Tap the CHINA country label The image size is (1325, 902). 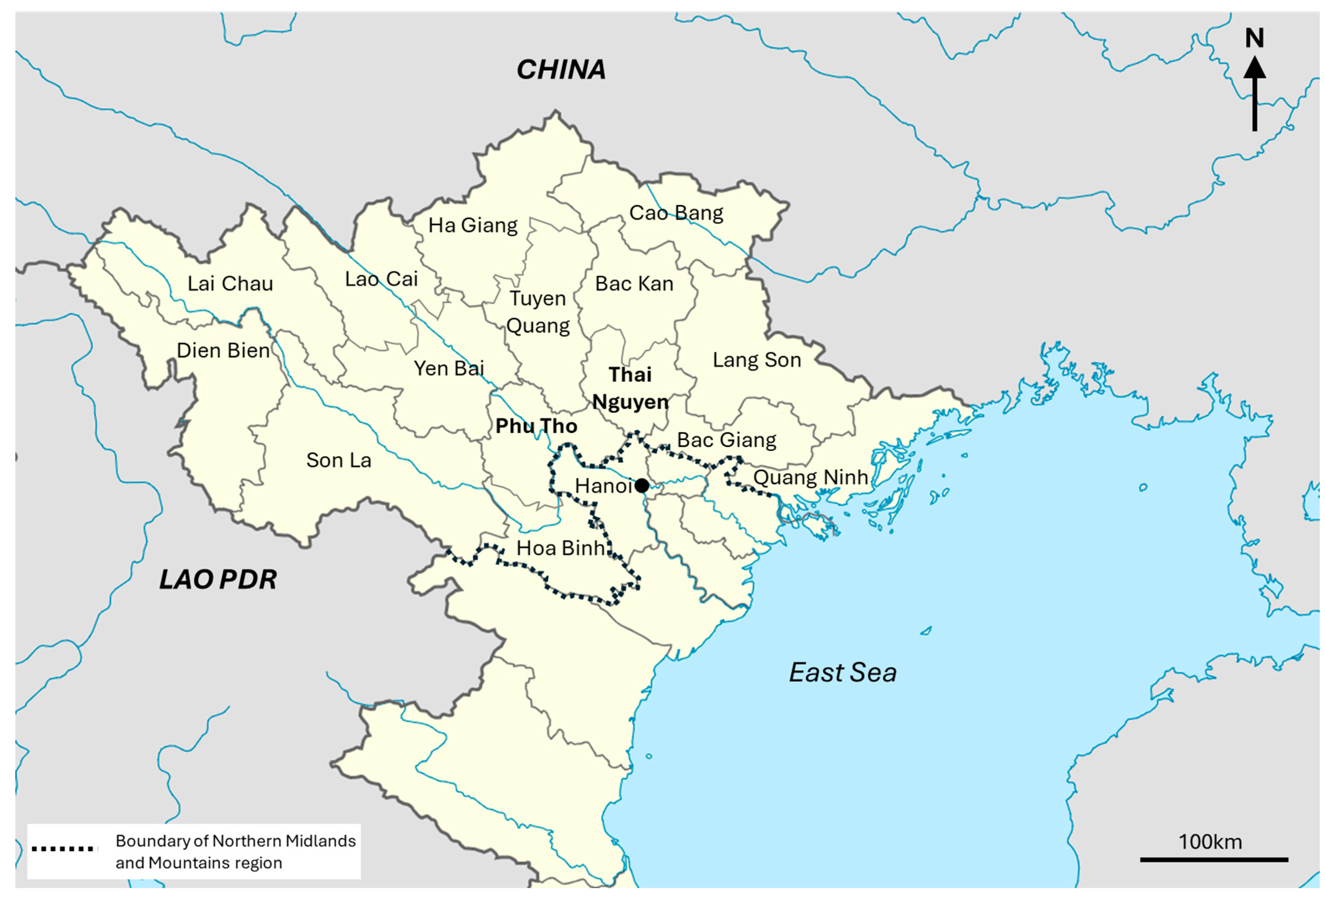561,70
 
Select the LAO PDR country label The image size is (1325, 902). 218,580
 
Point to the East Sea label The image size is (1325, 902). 842,673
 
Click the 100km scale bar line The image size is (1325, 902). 1214,859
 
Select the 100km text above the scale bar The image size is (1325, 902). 1210,842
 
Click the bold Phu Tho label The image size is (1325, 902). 536,426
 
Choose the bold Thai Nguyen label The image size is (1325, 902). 630,388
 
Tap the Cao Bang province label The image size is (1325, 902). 676,213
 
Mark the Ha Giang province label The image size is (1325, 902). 473,225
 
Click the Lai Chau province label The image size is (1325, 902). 230,283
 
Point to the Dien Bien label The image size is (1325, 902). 223,350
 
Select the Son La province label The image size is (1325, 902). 339,460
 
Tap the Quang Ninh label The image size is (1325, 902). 810,477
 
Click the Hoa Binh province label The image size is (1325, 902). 560,548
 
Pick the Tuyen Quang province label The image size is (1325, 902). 538,312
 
